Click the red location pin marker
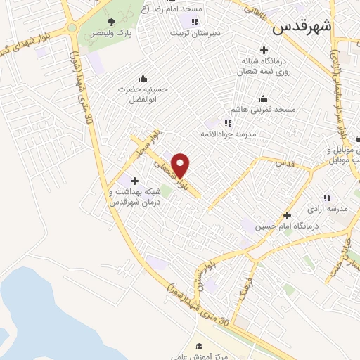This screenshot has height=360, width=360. click(x=181, y=166)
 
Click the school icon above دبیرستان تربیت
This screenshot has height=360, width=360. click(x=195, y=22)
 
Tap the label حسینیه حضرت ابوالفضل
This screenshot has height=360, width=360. click(x=143, y=94)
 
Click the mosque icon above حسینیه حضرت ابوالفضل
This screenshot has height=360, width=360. click(x=143, y=78)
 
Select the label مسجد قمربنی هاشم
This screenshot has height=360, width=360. click(x=264, y=110)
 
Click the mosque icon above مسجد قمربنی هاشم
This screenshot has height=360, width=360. click(x=263, y=98)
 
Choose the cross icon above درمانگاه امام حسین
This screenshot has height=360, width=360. click(x=287, y=215)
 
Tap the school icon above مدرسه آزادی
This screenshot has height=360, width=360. click(x=327, y=198)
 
